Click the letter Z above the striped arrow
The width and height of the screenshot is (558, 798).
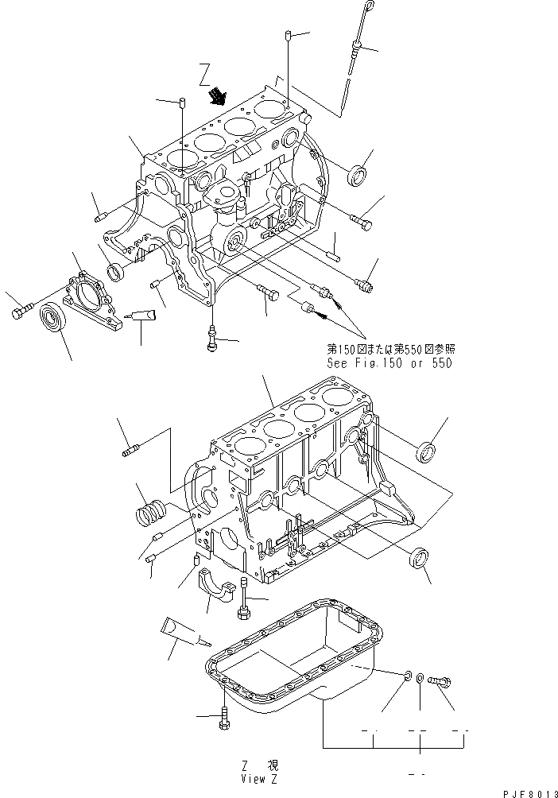tap(206, 77)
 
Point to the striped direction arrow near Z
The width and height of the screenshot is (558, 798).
tap(217, 98)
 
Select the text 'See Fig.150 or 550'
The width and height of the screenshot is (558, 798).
tap(389, 363)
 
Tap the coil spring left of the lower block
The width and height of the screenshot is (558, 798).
tap(152, 517)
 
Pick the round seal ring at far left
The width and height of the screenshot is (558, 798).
tap(55, 320)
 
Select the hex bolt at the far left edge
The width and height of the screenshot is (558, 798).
tap(20, 314)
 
